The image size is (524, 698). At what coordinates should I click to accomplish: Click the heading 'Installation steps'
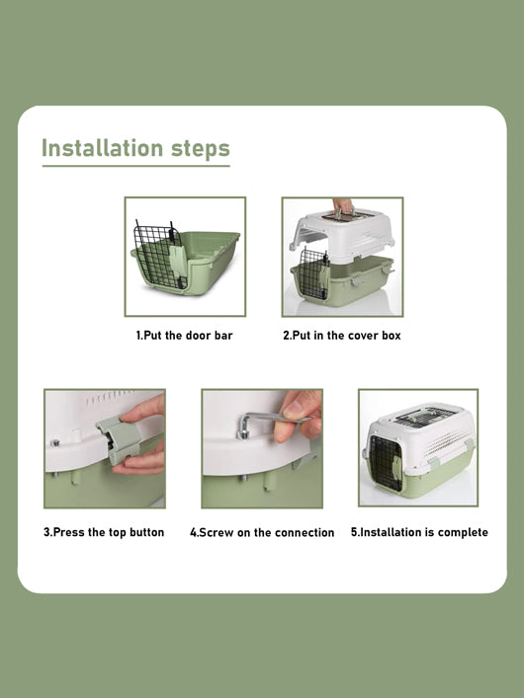click(135, 148)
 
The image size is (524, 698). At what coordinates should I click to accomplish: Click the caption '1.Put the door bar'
click(184, 336)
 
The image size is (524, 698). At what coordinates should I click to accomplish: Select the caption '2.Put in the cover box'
click(342, 336)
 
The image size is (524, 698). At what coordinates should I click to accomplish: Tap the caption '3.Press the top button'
click(104, 532)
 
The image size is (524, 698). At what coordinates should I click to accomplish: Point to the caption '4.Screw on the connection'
click(262, 532)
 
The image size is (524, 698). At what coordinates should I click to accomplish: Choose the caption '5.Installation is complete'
click(419, 532)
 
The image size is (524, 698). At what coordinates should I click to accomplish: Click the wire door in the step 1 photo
click(159, 256)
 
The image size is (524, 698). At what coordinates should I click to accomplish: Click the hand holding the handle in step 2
click(343, 206)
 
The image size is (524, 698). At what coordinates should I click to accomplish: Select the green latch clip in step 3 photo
click(119, 439)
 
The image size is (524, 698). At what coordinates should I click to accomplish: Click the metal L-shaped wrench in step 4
click(268, 422)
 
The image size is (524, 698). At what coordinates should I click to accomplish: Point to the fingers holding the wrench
click(298, 416)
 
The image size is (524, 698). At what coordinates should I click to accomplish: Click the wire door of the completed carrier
click(386, 463)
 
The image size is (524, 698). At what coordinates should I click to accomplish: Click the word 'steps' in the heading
click(201, 149)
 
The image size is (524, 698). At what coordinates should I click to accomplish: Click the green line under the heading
click(136, 166)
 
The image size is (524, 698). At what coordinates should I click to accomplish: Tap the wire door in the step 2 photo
click(314, 273)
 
